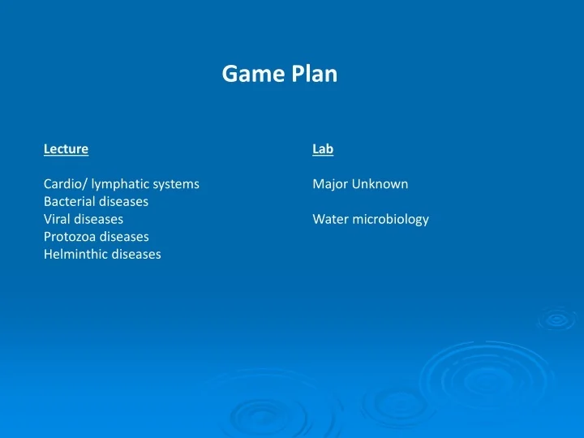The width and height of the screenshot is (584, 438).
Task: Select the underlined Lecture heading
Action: (66, 149)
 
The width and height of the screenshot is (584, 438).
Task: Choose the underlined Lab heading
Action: (323, 149)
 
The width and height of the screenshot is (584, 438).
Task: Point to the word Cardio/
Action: (65, 184)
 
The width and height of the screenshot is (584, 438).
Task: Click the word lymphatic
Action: (122, 184)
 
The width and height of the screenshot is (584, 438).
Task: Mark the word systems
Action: (178, 184)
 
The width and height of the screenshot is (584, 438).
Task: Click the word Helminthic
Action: (76, 254)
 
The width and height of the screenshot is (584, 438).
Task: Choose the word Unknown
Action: (380, 184)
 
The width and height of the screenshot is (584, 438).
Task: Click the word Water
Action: (329, 219)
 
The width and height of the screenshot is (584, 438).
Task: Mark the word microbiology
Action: (389, 219)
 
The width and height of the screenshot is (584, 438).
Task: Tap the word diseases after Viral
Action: (100, 219)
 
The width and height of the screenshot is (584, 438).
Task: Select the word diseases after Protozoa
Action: (125, 237)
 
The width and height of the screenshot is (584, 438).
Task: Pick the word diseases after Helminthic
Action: (137, 254)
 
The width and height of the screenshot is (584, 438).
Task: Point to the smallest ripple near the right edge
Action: (557, 319)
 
